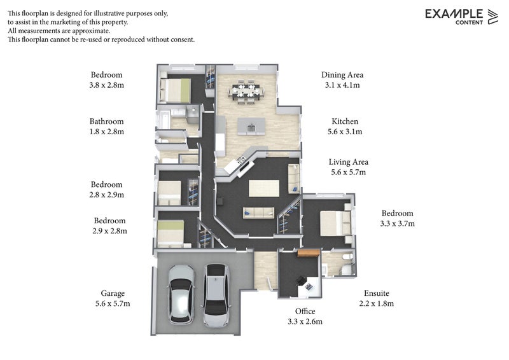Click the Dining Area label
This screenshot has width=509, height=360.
click(x=342, y=75)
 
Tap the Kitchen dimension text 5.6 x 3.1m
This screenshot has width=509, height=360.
click(x=345, y=132)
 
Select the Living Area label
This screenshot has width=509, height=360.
click(x=348, y=162)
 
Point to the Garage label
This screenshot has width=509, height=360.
click(x=113, y=293)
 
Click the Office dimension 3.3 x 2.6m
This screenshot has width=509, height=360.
click(x=305, y=322)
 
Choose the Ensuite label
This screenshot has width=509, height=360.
click(x=376, y=293)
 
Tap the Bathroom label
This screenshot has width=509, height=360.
click(x=106, y=121)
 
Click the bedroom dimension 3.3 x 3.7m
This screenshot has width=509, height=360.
click(x=397, y=224)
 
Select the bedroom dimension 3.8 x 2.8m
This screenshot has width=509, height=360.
click(x=106, y=85)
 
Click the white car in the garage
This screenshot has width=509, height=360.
click(x=181, y=294)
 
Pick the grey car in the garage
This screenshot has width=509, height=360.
click(x=216, y=294)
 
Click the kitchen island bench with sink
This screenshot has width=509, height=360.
click(x=251, y=127)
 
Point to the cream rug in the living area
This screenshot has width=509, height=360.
click(x=264, y=188)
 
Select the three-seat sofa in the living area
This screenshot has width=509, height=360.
click(x=259, y=213)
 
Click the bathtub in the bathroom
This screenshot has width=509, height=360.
click(x=164, y=120)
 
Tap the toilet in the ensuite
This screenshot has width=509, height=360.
click(x=347, y=258)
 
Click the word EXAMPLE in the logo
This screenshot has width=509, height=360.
click(x=454, y=14)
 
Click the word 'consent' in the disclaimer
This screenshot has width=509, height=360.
click(x=183, y=39)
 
